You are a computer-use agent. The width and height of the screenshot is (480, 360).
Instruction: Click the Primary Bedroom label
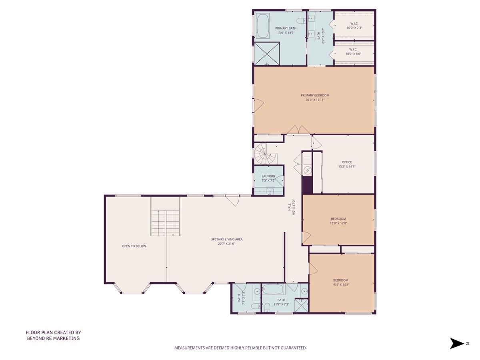pos(315,95)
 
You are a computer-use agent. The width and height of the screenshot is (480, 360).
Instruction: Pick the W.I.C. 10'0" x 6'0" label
pos(354,52)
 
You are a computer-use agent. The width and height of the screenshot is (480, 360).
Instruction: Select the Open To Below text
pos(134,246)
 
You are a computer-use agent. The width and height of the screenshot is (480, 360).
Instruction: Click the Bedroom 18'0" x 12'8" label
pos(338,221)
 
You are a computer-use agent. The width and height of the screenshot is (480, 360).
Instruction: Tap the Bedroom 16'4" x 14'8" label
pos(341,282)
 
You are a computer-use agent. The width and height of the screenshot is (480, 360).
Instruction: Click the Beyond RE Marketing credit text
pos(53,335)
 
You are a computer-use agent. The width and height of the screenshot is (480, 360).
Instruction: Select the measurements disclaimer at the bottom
pos(240,348)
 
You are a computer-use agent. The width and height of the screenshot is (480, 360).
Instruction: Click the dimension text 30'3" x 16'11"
pos(315,100)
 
